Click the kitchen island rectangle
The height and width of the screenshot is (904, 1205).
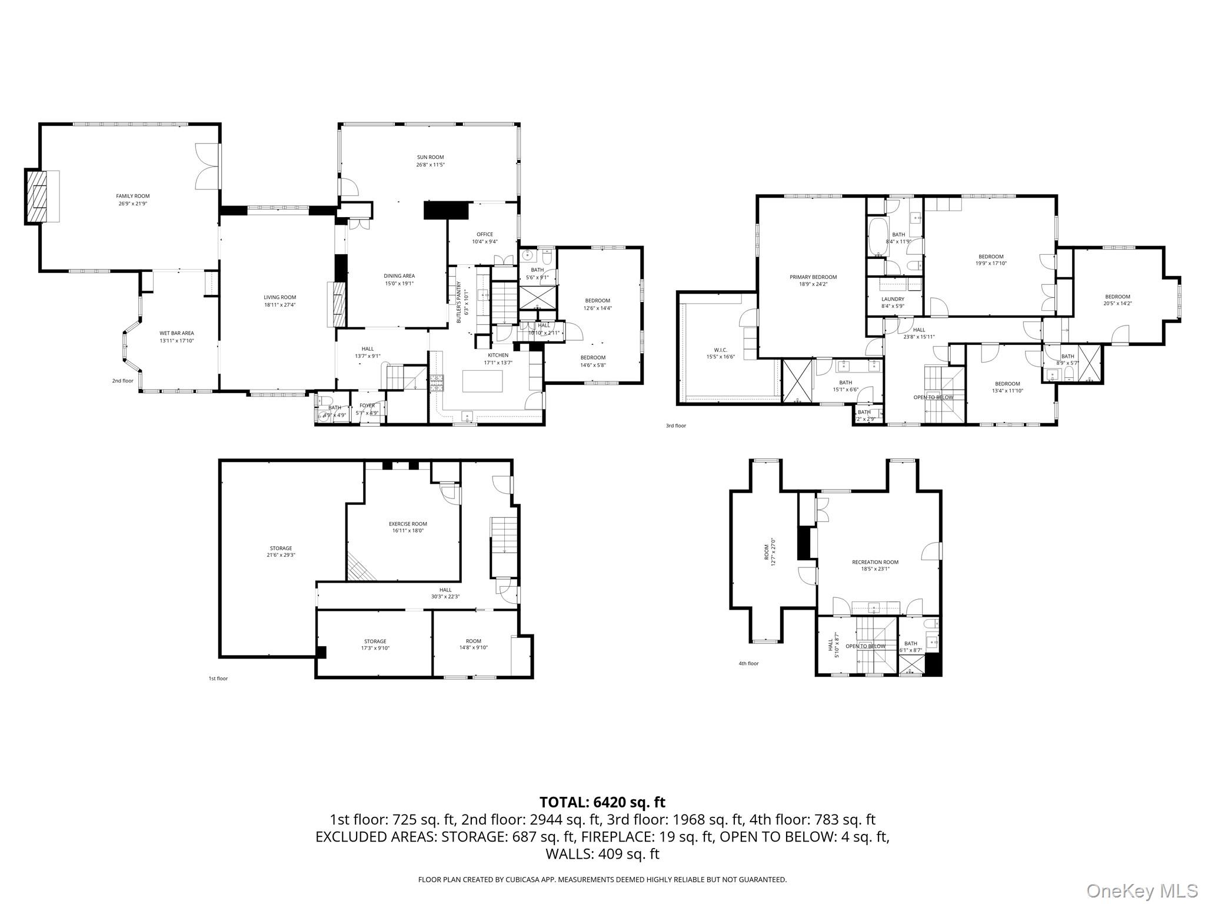482,381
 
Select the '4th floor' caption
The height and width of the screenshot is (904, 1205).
748,663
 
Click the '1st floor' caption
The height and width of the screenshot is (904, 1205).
218,679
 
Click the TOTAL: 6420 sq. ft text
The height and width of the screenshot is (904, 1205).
602,802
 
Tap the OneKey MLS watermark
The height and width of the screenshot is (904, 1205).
1141,890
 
